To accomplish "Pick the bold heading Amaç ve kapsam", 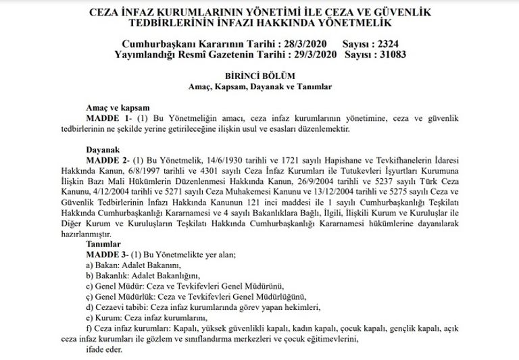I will (116, 108).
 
